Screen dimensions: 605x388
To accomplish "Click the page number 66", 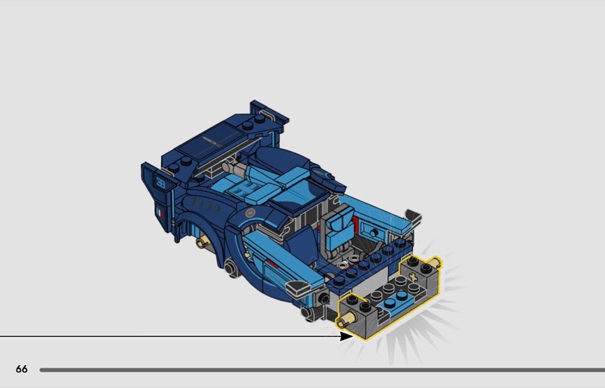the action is coord(22,369).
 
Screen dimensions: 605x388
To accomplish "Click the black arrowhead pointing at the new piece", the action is coord(346,336).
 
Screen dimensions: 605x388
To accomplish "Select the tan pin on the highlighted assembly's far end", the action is coord(437,264).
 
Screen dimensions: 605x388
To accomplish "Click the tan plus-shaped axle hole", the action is coord(414,278).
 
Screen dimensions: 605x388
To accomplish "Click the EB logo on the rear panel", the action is coord(160,182).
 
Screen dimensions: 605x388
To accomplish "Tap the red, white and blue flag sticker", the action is coord(160,212).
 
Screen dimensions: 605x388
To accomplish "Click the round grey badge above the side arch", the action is coord(250,213).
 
